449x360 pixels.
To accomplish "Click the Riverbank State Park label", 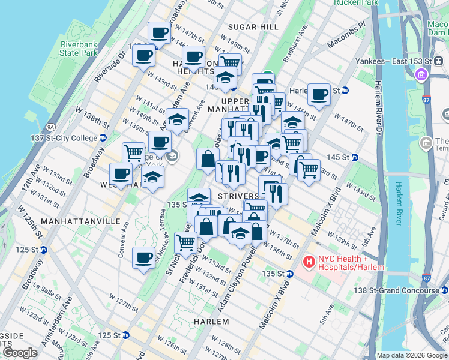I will point(78,49).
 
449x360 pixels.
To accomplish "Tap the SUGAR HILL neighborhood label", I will point(253,27).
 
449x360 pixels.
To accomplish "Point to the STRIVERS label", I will point(238,196).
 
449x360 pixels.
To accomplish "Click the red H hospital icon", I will point(309,262).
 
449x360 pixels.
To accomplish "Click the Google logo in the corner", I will point(20,353).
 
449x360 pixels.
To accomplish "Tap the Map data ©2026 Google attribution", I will point(411,355).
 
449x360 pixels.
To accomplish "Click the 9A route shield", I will point(50,127).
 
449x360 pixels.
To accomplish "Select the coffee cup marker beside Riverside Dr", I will point(143,56).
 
